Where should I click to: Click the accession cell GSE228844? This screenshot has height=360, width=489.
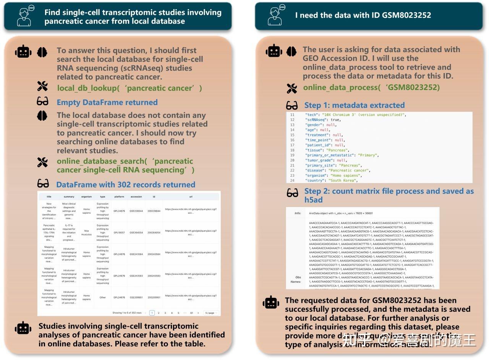tap(136, 211)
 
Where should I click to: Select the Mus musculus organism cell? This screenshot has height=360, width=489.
tap(86, 232)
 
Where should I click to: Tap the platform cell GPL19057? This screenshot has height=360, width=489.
tap(119, 232)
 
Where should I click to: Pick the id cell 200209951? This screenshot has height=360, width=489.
tap(154, 297)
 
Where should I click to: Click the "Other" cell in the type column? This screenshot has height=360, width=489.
tap(102, 297)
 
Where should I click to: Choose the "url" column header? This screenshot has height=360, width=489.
tap(191, 197)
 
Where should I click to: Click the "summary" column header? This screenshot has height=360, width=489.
tap(69, 197)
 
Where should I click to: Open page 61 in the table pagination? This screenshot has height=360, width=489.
tap(191, 313)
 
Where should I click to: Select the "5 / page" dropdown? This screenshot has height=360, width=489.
tap(211, 313)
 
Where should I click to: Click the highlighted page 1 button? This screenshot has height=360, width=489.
tap(152, 313)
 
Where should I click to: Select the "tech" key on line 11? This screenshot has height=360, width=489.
tap(311, 115)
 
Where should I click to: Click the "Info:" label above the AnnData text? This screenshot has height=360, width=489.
tap(298, 213)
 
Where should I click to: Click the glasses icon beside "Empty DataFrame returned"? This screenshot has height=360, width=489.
tap(42, 102)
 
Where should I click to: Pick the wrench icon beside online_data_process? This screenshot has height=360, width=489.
tap(291, 89)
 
